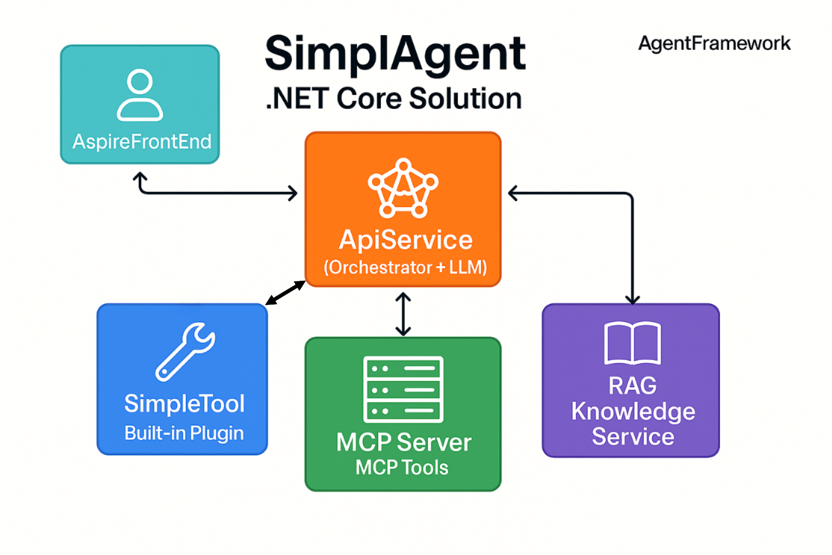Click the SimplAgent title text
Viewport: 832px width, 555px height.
tap(395, 54)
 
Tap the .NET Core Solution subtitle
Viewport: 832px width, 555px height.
tap(394, 99)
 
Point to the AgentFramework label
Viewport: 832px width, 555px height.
tap(714, 43)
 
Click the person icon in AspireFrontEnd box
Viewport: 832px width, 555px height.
tap(140, 94)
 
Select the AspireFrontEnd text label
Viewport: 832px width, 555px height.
tap(142, 141)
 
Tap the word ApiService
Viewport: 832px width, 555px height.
tap(405, 240)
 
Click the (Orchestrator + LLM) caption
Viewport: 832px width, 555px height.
tap(405, 267)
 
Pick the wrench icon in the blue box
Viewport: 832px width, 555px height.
tap(185, 351)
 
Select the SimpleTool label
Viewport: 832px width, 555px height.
tap(184, 403)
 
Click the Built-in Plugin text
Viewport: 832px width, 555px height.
tap(184, 433)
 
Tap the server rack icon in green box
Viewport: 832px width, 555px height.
tap(403, 389)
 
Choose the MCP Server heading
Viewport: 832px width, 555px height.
tap(404, 442)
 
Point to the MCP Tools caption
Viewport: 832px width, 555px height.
tap(402, 467)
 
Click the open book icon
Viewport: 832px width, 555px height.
tap(632, 343)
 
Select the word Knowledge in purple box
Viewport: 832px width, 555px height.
tap(633, 411)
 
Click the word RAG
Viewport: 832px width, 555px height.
tap(632, 386)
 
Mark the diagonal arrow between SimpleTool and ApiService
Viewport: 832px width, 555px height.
tap(285, 293)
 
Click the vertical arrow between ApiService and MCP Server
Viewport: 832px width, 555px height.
tap(403, 314)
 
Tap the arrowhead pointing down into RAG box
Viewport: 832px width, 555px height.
tap(632, 299)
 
